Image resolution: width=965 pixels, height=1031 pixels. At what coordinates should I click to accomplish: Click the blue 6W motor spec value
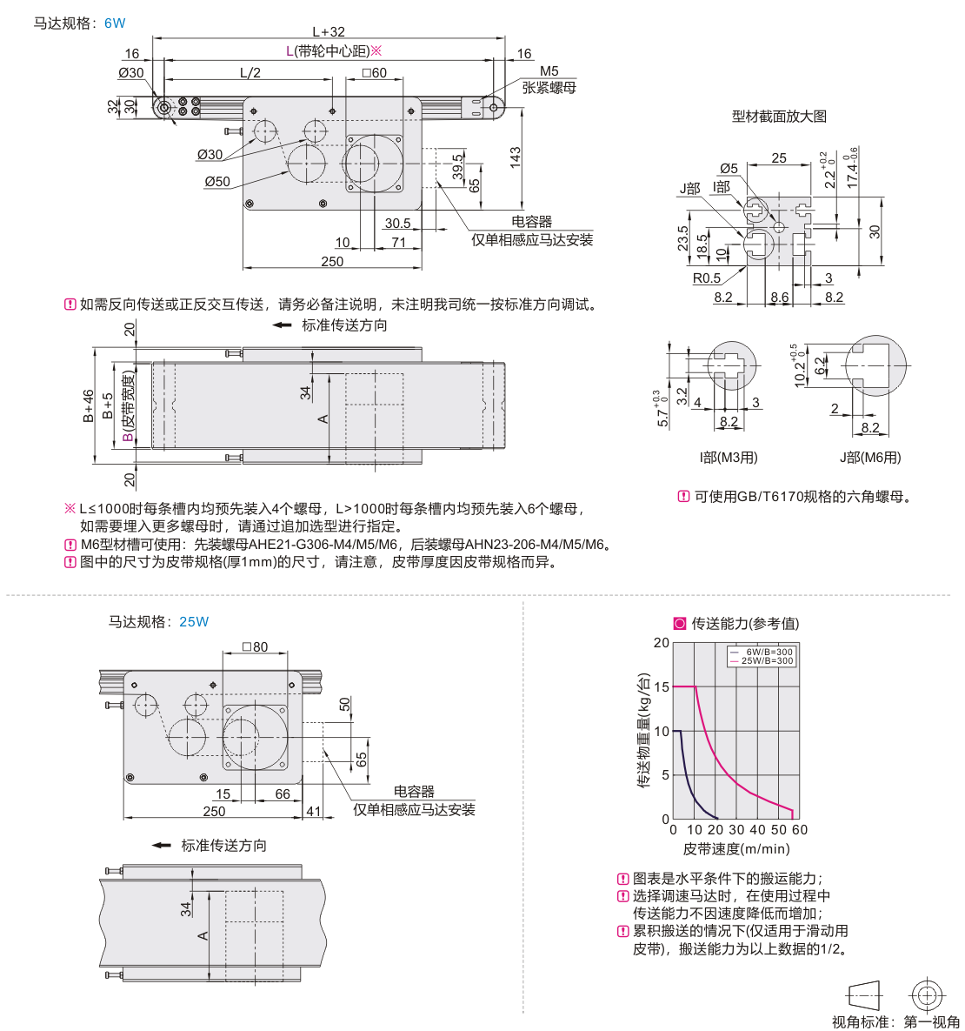coord(115,23)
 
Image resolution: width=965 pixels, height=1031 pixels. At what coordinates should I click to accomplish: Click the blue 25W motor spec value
coord(194,622)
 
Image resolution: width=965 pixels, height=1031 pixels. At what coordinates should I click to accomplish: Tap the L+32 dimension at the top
coord(329,31)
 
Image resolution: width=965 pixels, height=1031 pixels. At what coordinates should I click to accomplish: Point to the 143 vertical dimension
coord(516,157)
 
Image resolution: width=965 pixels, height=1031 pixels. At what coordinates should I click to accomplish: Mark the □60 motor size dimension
coord(374,73)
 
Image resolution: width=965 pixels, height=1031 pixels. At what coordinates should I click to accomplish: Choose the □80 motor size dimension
coord(255,647)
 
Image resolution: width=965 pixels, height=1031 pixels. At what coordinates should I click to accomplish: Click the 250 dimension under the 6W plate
coord(332,261)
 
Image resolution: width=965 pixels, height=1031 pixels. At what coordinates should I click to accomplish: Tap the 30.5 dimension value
coord(397,224)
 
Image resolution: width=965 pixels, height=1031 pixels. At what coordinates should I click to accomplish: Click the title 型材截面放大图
coord(779,117)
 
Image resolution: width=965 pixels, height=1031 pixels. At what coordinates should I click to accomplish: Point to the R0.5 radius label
coord(706,278)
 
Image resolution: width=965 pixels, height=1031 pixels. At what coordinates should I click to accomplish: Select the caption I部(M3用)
coord(729,458)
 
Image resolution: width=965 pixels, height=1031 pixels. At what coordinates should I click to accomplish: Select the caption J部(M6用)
coord(869,458)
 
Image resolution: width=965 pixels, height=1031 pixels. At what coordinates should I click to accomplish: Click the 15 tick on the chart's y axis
coord(662,687)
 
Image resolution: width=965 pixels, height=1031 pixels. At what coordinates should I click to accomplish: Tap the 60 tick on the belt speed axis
coord(800,830)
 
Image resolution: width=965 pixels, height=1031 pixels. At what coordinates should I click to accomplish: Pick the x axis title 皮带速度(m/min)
coord(736,849)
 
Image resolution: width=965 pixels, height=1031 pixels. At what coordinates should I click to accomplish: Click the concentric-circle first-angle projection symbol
coord(927,995)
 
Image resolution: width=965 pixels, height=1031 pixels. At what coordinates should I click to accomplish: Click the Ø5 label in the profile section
coord(729,169)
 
